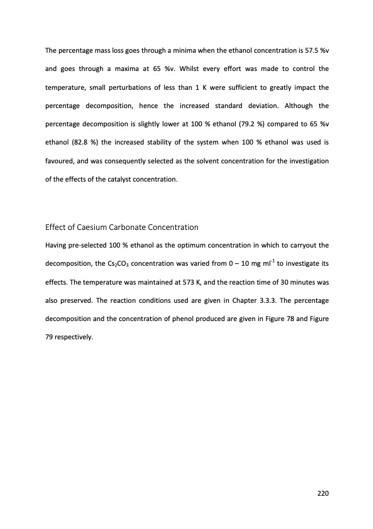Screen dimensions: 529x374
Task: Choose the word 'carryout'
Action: click(x=303, y=245)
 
